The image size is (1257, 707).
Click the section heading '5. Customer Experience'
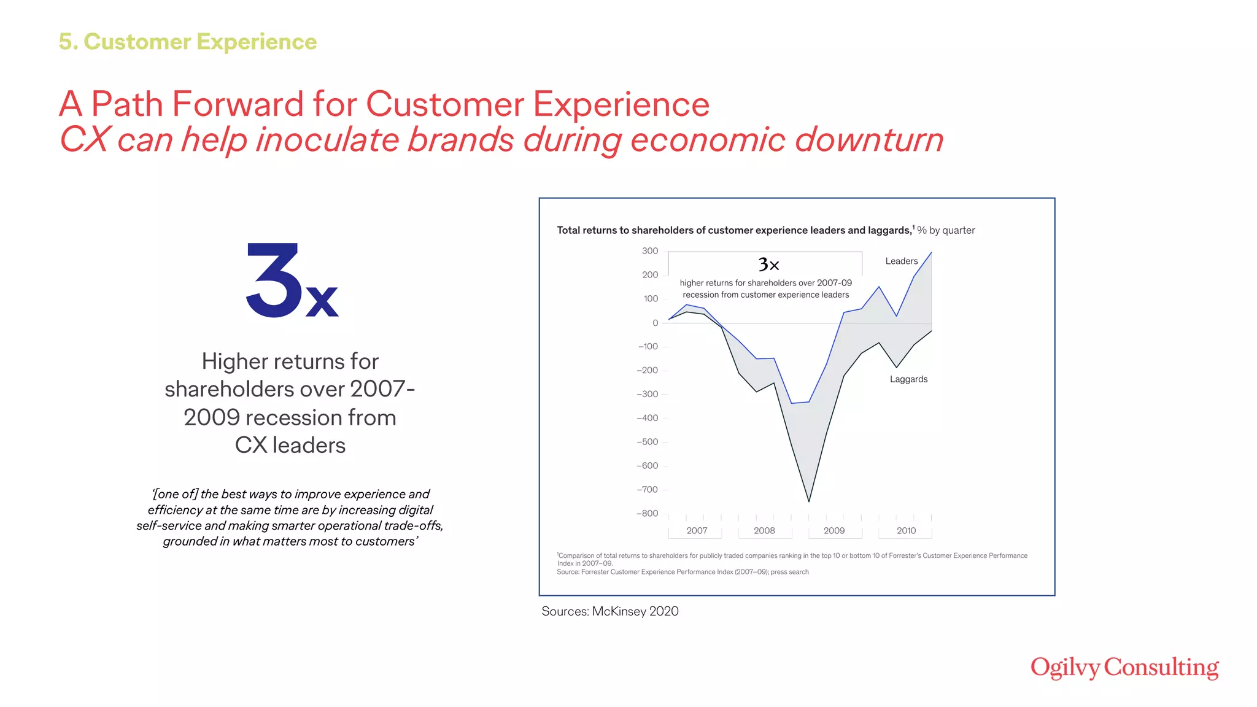click(x=188, y=42)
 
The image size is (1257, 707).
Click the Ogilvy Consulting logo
click(x=1124, y=667)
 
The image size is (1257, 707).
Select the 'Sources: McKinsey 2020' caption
click(x=609, y=611)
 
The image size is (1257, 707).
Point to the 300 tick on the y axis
click(x=650, y=251)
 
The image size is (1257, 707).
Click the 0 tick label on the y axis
click(x=655, y=323)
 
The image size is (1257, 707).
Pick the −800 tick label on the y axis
click(x=648, y=514)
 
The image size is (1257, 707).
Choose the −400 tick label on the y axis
click(x=648, y=418)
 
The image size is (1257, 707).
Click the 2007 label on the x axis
click(x=697, y=531)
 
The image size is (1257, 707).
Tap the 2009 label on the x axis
click(x=833, y=531)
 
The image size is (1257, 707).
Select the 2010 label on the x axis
click(x=906, y=531)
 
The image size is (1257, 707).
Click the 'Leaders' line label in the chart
click(x=901, y=261)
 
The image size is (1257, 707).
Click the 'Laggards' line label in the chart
click(x=908, y=379)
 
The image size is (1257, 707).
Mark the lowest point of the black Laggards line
click(x=809, y=501)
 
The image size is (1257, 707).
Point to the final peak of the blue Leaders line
click(x=931, y=253)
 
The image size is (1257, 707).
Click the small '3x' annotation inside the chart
click(x=768, y=265)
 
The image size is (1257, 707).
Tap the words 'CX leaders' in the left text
click(x=290, y=445)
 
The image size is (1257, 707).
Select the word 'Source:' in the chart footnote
click(x=568, y=572)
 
